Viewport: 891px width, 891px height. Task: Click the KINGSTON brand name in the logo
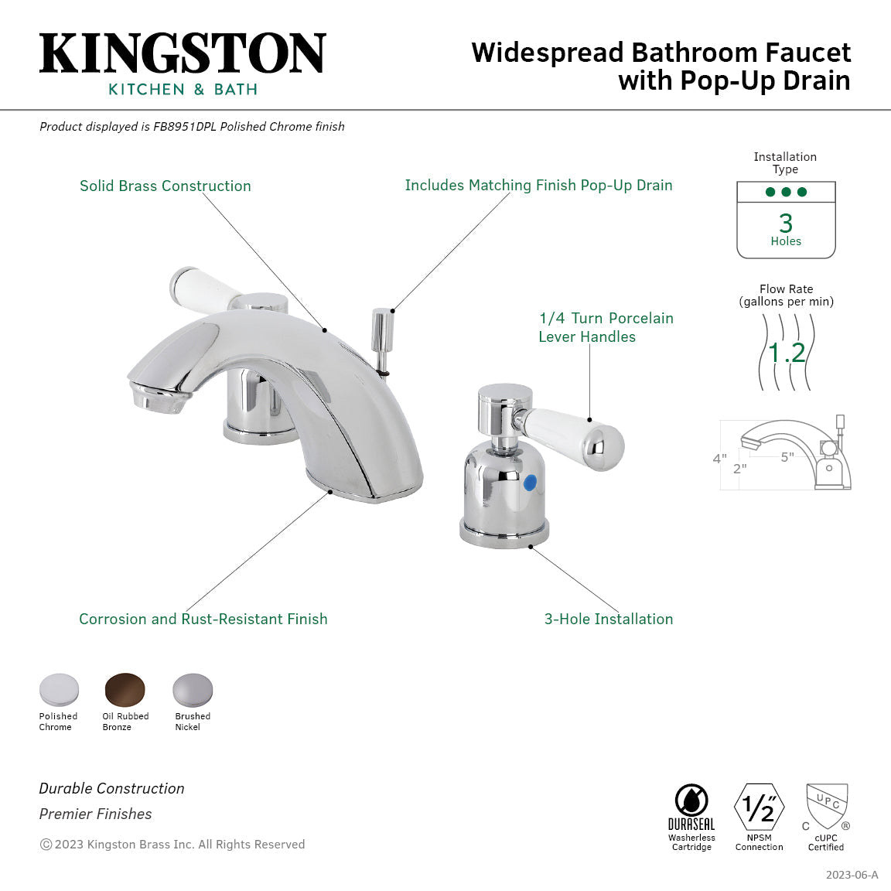point(183,54)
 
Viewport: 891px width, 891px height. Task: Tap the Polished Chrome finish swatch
point(59,690)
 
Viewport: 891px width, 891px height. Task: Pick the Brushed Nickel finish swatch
point(192,690)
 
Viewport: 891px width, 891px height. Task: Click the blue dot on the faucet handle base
point(530,483)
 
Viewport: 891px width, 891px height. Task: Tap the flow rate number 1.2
point(787,353)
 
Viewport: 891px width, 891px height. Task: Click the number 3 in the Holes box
point(786,223)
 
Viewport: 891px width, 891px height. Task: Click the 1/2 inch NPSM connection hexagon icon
point(759,807)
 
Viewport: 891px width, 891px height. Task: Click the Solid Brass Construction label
point(166,186)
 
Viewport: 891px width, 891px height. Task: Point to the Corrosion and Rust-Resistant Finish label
point(203,619)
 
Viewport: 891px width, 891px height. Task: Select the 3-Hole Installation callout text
point(609,619)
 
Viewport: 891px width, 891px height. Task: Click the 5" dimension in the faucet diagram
point(787,457)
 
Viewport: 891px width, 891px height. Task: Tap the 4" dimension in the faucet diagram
point(719,459)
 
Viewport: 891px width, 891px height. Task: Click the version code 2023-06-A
point(852,875)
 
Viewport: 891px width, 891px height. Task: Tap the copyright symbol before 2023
point(46,845)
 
